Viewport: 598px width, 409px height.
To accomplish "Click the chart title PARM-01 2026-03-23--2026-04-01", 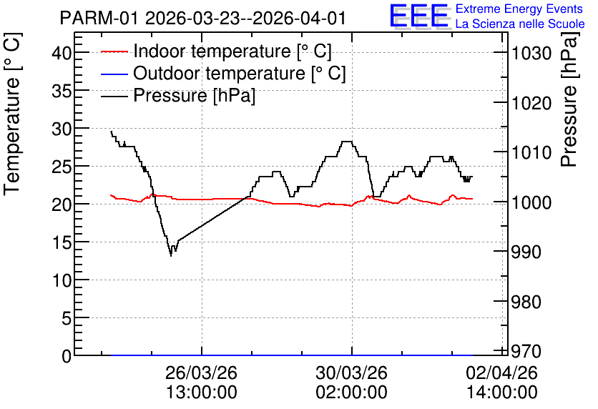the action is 203,18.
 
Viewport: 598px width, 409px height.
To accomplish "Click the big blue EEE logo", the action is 418,16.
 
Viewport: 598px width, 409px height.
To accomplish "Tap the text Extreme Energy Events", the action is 519,9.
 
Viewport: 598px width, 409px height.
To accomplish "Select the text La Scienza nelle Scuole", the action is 520,24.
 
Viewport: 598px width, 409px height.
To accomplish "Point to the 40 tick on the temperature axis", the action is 61,52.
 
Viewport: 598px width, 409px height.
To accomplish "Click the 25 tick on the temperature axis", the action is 61,166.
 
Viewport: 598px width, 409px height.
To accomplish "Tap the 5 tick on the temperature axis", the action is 67,317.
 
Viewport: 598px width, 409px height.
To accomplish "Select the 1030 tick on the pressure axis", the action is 531,53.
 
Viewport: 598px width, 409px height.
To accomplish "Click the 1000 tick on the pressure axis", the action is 531,202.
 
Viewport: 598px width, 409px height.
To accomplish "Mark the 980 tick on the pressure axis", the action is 526,302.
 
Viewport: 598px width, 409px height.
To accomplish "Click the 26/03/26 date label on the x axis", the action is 202,372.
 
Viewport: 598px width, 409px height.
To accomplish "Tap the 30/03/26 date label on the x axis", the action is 352,372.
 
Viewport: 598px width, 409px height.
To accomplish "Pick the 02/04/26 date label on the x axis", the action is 502,372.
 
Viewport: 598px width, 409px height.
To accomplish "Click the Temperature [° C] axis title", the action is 12,114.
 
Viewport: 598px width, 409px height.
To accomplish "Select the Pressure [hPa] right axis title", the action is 569,99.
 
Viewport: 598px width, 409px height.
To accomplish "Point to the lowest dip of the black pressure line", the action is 171,256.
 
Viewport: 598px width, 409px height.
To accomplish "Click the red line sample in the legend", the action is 114,51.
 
